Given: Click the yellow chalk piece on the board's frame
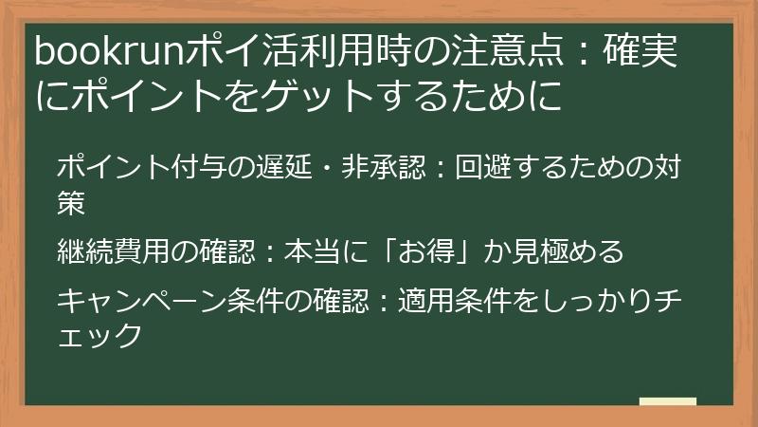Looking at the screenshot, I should tap(667, 402).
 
